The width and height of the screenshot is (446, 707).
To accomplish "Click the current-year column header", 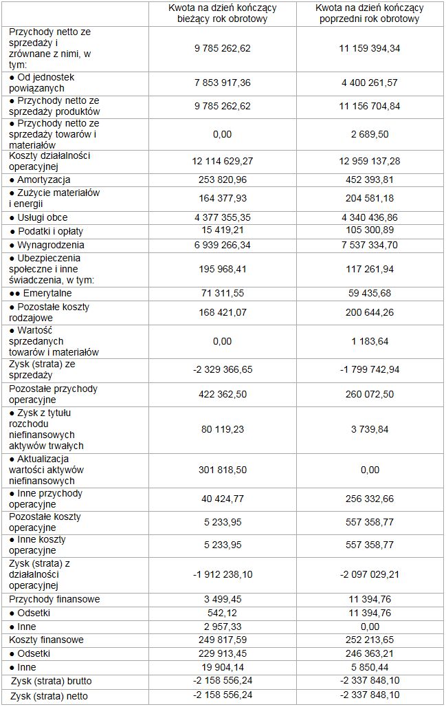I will point(223,13).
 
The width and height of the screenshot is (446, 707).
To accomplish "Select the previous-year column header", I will point(370,13).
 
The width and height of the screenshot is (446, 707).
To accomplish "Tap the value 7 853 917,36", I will point(223,83).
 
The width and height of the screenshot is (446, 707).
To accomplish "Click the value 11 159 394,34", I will point(370,48).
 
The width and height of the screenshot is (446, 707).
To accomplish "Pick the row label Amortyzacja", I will point(41,178).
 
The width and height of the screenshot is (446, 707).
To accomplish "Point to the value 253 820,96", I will point(223,178).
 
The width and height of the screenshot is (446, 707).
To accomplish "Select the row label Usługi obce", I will point(43,217).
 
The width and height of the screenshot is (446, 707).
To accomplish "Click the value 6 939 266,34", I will point(223,245).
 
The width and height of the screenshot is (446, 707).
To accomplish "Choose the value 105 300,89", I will point(370,230).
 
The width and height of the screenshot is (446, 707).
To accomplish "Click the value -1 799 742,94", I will point(370,369).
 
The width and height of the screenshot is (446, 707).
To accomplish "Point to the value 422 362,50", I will point(223,395).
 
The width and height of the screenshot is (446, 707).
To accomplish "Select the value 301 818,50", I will point(223,470).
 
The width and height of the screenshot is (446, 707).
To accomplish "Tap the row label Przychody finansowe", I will point(54,599).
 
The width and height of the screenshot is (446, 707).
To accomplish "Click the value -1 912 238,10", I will point(223,574).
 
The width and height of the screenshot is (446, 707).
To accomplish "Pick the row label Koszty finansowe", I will point(47,640).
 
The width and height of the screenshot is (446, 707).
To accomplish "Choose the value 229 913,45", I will point(223,653).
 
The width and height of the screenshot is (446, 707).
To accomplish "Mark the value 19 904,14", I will point(223,667).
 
